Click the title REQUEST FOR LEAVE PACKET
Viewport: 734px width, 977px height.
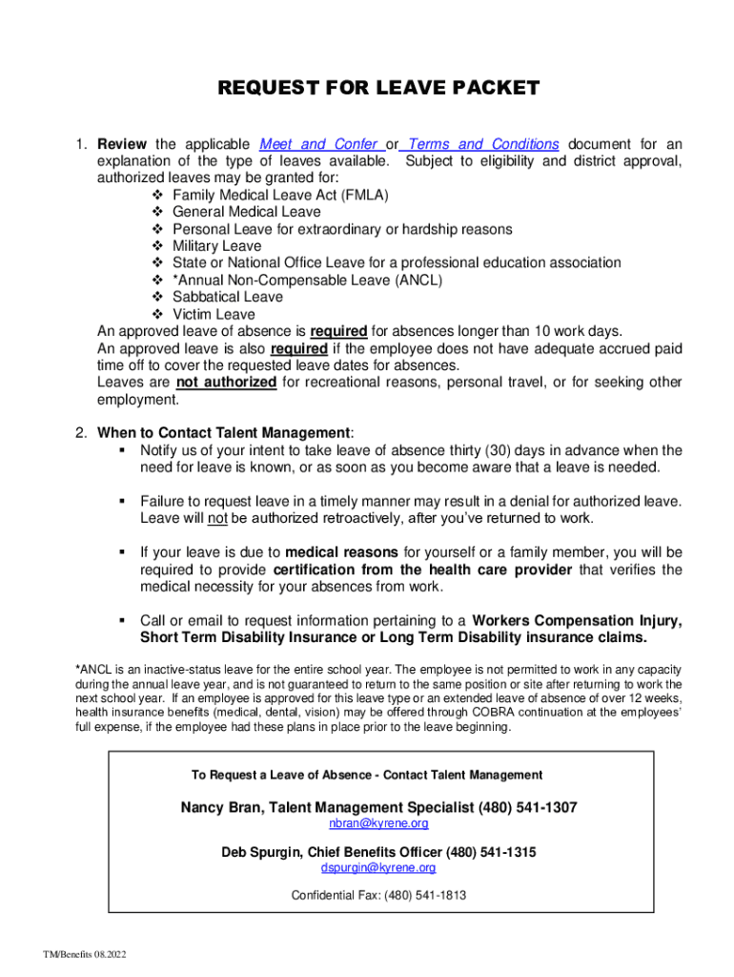coord(378,89)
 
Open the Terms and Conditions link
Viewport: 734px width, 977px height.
coord(483,144)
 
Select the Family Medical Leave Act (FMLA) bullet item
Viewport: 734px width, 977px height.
coord(280,196)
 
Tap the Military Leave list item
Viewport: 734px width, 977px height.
coord(216,246)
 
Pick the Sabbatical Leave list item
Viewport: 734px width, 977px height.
coord(228,297)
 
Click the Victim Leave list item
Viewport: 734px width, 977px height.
coord(214,314)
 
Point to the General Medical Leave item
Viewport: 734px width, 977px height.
coord(247,212)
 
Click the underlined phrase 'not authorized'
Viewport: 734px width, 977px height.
coord(227,383)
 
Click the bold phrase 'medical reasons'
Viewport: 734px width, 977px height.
coord(342,552)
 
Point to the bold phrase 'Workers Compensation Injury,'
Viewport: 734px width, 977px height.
coord(577,620)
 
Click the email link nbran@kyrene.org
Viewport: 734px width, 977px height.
coord(378,823)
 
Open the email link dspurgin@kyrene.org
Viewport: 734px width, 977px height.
coord(378,868)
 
